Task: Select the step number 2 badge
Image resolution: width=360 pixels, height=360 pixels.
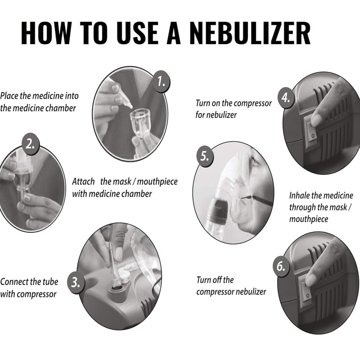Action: pyautogui.click(x=29, y=144)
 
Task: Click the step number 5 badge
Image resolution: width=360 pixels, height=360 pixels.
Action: pyautogui.click(x=205, y=157)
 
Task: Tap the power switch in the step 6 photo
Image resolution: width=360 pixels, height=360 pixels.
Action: pyautogui.click(x=307, y=290)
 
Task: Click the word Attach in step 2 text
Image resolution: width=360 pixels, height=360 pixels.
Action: pyautogui.click(x=83, y=182)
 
